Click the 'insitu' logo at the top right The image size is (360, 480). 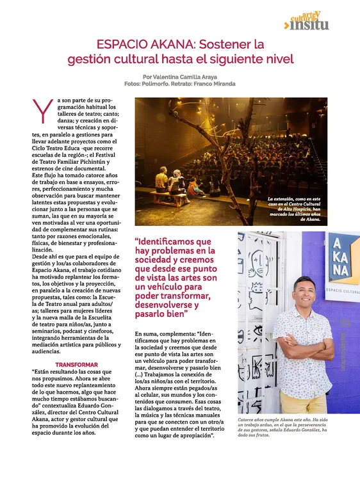point(309,24)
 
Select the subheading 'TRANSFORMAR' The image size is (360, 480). point(76,365)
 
